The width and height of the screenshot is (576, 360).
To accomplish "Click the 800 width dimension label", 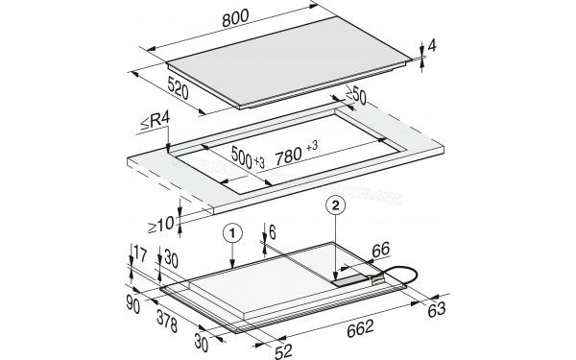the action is pos(235,18).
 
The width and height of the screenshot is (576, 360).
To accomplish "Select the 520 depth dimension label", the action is pos(179,87).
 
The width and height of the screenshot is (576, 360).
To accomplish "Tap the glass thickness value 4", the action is pos(432,46).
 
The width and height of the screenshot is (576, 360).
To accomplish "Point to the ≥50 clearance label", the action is pos(355,95).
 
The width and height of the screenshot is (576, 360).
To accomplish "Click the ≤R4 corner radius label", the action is pos(155,121).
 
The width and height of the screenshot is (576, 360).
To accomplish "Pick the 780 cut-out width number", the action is pos(288,156).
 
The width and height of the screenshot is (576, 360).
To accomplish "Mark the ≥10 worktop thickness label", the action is pos(160,225).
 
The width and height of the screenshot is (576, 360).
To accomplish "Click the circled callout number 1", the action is pos(232,233).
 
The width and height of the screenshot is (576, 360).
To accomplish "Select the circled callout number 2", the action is pos(336,205).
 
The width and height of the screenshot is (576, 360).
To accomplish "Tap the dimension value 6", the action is pos(273,232).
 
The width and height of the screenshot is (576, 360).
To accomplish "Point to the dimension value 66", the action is pos(380,250).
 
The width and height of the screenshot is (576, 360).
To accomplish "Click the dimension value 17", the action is pos(140,253).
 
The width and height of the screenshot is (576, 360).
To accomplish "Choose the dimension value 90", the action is pos(133,304).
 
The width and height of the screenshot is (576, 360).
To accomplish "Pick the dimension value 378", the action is pos(167,321).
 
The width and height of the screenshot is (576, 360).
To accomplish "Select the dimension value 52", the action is pos(283,351).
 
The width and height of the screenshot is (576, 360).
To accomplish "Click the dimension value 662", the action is pos(360,328).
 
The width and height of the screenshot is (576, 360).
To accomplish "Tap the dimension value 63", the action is pos(437,309).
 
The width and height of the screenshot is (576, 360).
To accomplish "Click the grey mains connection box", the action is pos(350,280).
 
